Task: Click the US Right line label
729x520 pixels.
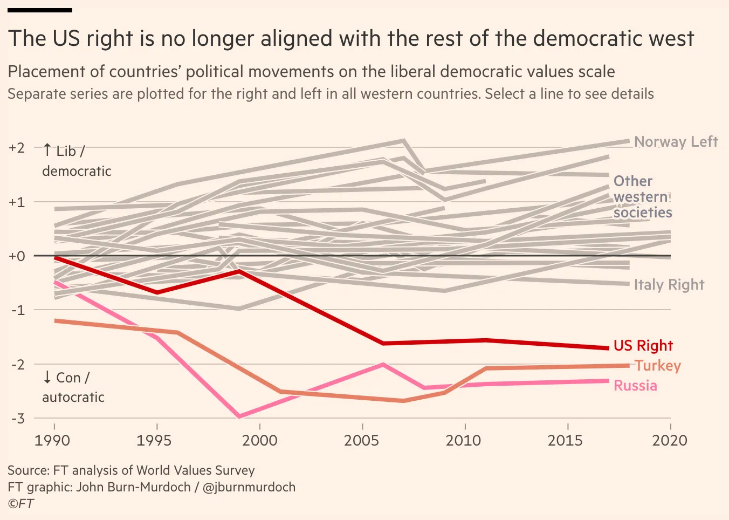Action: [643, 346]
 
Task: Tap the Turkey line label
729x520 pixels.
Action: [658, 366]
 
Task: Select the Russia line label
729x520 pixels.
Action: [635, 386]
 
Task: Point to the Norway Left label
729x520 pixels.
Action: [676, 142]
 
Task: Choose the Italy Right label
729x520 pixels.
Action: [669, 285]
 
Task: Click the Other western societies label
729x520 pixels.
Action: [642, 197]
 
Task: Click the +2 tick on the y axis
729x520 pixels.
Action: [17, 148]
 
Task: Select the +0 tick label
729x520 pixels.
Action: [17, 256]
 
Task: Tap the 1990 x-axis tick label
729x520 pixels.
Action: [52, 441]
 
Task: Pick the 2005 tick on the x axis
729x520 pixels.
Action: [361, 441]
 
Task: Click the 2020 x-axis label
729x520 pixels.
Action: [670, 441]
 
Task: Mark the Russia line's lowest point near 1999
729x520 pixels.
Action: [239, 416]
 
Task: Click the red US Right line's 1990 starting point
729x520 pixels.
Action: [56, 258]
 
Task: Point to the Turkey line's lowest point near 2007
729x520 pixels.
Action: [403, 401]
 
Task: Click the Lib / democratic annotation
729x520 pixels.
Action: [76, 161]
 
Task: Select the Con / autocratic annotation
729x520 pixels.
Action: [73, 387]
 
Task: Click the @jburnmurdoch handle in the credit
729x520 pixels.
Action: [249, 487]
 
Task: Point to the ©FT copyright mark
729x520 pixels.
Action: [20, 504]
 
